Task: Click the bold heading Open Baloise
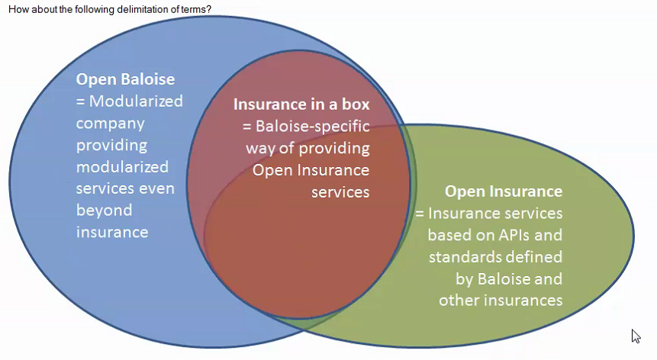tap(125, 79)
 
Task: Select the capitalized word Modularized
tap(136, 101)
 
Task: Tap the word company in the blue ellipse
tap(110, 124)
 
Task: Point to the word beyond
tap(104, 211)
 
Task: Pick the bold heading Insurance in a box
tap(301, 104)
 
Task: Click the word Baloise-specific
tap(313, 126)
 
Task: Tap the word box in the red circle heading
tap(356, 104)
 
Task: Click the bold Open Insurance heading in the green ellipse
tap(504, 191)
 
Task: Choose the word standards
tap(462, 256)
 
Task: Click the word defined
tap(532, 256)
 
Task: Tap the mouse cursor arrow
tap(636, 336)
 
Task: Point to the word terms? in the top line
tap(196, 9)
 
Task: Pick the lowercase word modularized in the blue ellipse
tap(122, 167)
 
